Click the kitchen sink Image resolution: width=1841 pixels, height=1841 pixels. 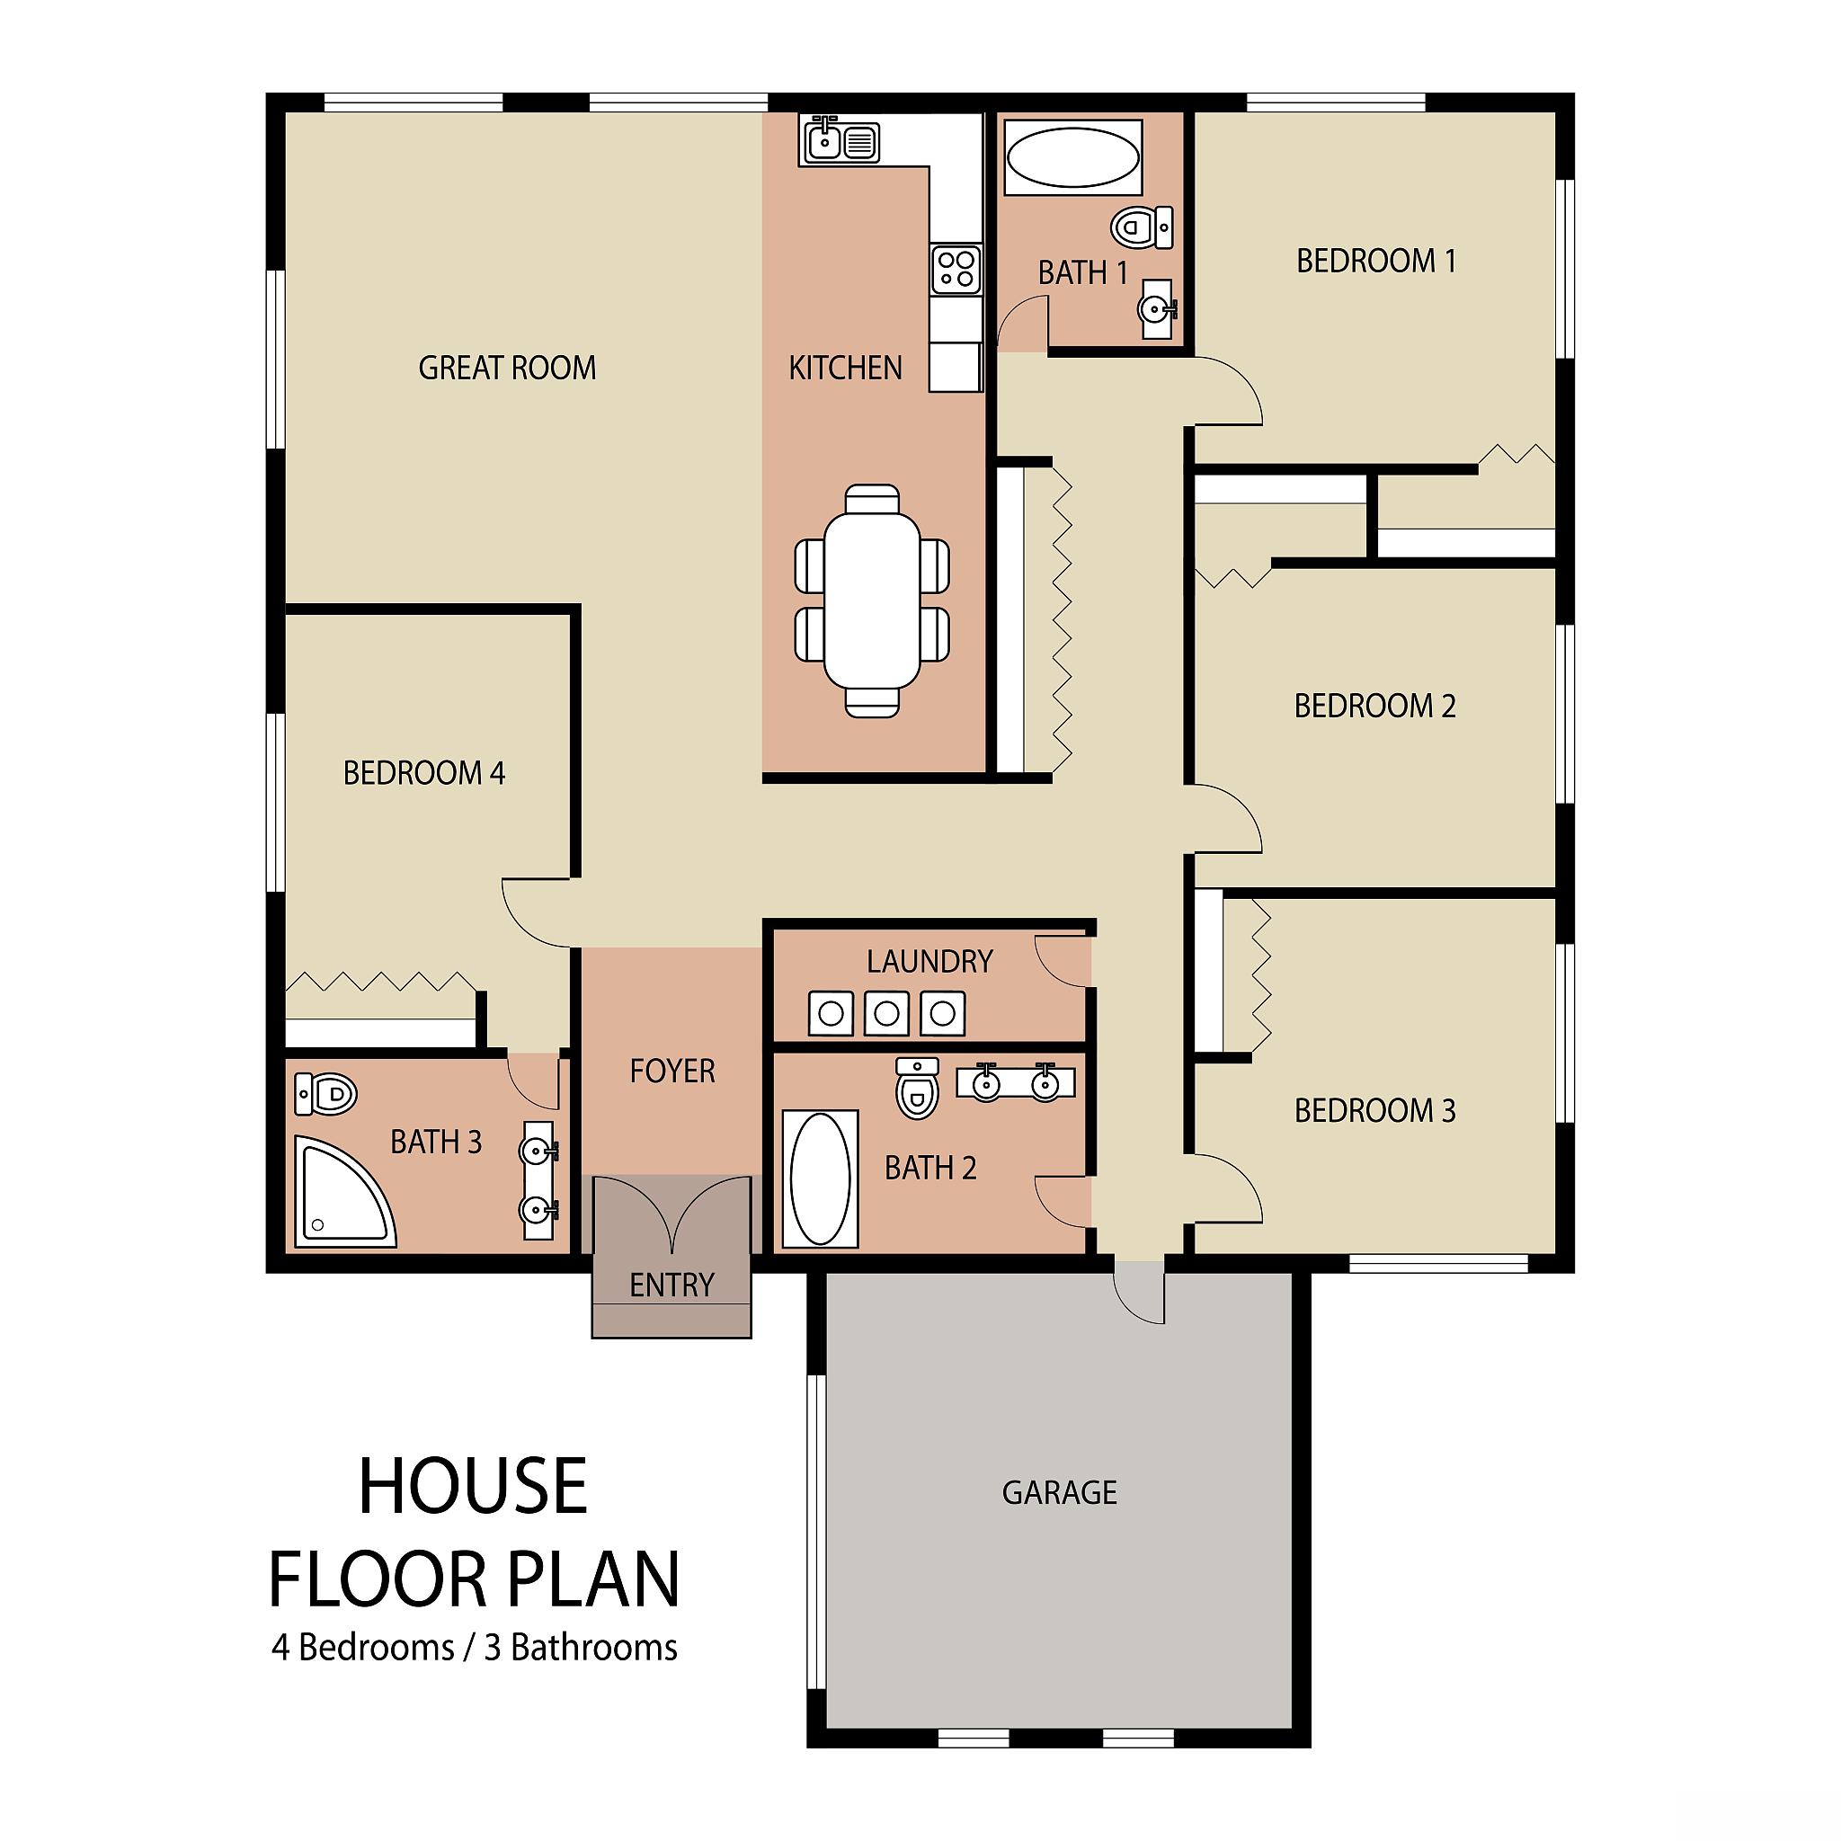(x=840, y=141)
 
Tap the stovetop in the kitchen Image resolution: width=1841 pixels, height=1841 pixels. (x=956, y=268)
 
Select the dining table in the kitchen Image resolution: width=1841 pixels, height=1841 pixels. (x=872, y=600)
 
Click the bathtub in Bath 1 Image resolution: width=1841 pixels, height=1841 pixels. (x=1073, y=157)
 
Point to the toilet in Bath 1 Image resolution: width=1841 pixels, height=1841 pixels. (x=1141, y=227)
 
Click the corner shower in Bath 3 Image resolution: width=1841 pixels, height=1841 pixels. (x=343, y=1190)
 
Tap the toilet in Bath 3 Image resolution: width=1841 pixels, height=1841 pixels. (x=325, y=1093)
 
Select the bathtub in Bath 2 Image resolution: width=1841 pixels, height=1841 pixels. (x=820, y=1178)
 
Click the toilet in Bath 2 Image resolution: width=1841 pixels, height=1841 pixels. (x=918, y=1089)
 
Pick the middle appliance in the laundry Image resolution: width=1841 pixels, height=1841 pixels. (x=886, y=1013)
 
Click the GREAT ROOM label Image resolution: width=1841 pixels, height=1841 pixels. (x=507, y=368)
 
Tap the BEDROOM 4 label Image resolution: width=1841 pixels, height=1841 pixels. (x=424, y=773)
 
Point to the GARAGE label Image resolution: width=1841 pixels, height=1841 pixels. (x=1060, y=1492)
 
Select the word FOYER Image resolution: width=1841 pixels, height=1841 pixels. (x=671, y=1071)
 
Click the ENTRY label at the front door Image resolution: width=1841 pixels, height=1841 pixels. (x=671, y=1285)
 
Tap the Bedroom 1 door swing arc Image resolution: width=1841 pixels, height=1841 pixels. (x=1239, y=381)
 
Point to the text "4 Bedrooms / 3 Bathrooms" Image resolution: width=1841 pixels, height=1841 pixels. (x=475, y=1673)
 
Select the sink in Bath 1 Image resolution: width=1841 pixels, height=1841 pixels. (x=1157, y=307)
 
